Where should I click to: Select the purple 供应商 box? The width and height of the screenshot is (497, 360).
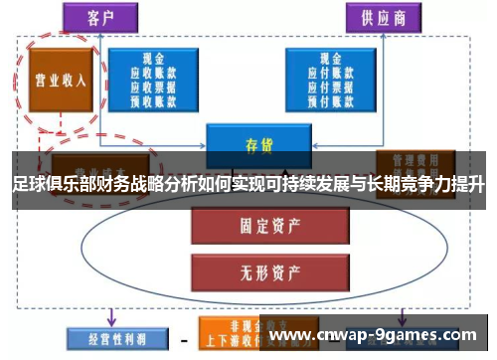tap(381, 17)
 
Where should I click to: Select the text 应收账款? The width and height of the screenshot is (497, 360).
tap(153, 73)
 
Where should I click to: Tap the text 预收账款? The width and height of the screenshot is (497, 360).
tap(153, 98)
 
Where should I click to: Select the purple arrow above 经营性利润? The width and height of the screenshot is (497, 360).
tap(109, 316)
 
